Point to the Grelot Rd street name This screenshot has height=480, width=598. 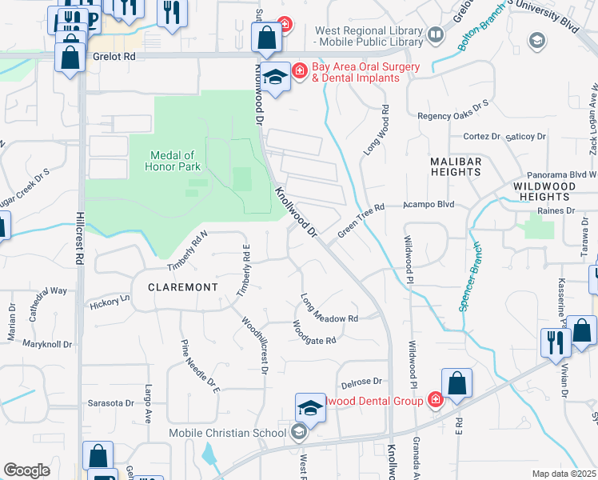coord(113,58)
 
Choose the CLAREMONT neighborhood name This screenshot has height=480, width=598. coord(183,286)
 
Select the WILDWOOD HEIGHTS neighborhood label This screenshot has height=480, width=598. coord(544,190)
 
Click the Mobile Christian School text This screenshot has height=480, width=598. coord(227,434)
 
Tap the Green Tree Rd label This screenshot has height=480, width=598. coord(361,219)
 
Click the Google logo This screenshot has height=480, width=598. coord(26,470)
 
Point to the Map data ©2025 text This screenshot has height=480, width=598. coord(563,474)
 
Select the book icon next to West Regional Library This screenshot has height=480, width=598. coord(435,34)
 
